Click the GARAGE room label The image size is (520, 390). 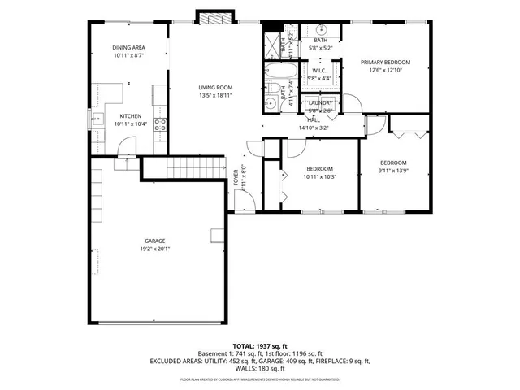pos(156,241)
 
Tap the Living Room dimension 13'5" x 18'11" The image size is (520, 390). pos(216,95)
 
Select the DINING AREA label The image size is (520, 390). pos(128,48)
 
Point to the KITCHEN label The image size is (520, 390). pos(131,116)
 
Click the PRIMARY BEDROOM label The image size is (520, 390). pos(386,63)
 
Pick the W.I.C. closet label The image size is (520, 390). pos(318,71)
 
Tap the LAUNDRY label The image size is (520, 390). pos(320,103)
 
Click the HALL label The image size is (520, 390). pos(314,119)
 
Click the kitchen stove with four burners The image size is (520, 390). pos(161,125)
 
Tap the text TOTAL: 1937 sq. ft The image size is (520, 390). pos(260,346)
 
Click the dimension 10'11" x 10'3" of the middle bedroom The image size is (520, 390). pos(319,176)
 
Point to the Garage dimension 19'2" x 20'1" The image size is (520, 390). pos(156,249)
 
